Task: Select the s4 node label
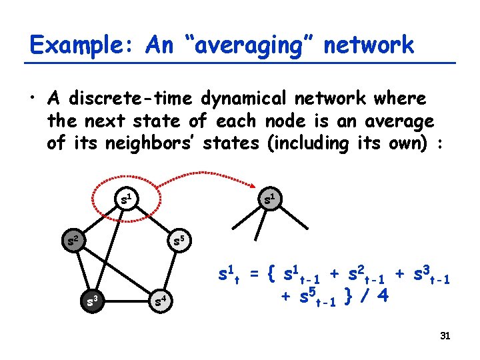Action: click(161, 301)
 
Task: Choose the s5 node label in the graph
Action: click(179, 238)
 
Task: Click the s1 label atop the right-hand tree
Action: click(271, 197)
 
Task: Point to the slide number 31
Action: click(445, 336)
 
